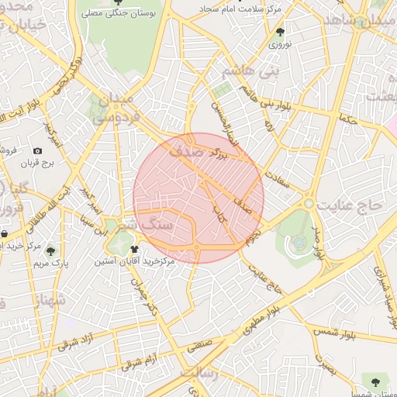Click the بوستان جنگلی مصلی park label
tap(124, 13)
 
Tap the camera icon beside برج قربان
tap(37, 150)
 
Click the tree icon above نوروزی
tap(280, 32)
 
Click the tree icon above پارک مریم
tap(50, 250)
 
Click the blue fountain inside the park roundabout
tap(299, 243)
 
